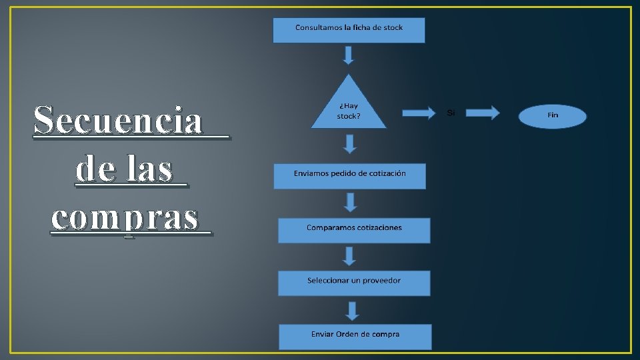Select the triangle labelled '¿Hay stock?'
[x=349, y=107]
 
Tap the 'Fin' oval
[x=553, y=115]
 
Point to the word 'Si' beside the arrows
[x=451, y=113]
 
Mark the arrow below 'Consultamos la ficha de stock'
[x=349, y=55]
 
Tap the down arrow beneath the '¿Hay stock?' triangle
[x=350, y=143]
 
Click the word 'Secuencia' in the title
[x=118, y=121]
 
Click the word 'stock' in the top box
[x=391, y=27]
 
